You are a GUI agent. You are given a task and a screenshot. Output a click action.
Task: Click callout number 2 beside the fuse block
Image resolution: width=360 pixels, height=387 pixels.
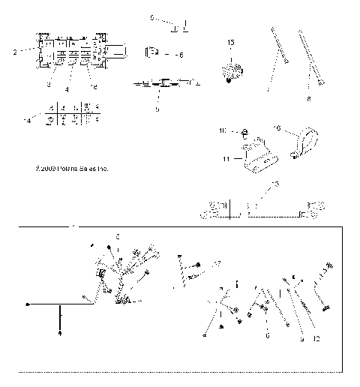pyautogui.click(x=15, y=52)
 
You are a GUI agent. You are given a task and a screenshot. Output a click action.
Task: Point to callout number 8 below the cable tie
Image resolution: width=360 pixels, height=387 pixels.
pyautogui.click(x=308, y=98)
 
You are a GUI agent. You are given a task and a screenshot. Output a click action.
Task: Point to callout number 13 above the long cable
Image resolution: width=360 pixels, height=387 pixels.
pyautogui.click(x=274, y=184)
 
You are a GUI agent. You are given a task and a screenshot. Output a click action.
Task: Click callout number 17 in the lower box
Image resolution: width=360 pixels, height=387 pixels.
pyautogui.click(x=217, y=264)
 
